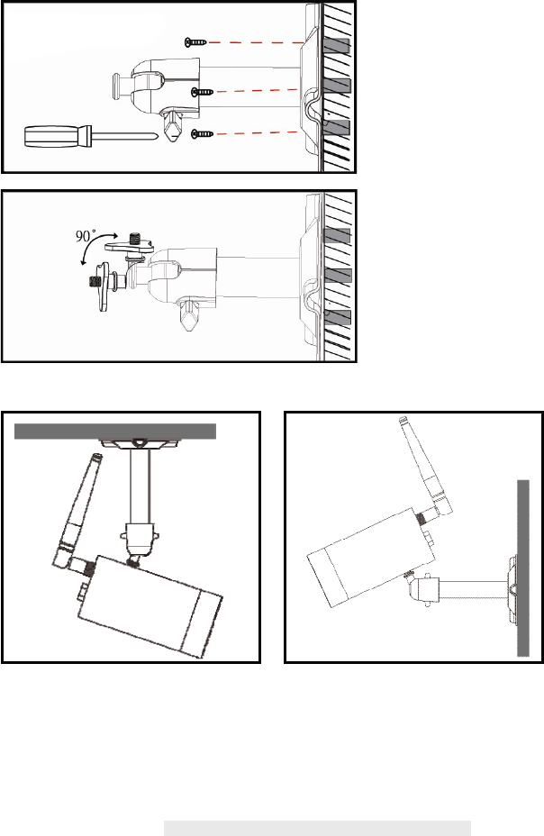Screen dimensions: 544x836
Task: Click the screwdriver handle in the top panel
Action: (58, 135)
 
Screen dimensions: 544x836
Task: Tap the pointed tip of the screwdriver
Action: (158, 136)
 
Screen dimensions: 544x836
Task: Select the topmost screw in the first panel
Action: (195, 42)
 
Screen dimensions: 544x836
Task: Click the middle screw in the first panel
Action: (203, 92)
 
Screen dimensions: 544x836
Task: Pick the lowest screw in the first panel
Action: (202, 133)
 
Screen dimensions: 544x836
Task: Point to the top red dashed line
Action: (256, 42)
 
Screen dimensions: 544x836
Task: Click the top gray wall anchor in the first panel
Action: (336, 46)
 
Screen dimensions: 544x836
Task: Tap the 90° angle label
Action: (86, 236)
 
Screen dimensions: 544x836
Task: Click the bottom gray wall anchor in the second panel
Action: (337, 317)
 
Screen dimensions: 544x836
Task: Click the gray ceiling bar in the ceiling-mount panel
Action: (115, 432)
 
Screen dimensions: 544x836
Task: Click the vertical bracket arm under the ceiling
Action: (141, 486)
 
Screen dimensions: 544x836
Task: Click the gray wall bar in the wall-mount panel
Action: (523, 568)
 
